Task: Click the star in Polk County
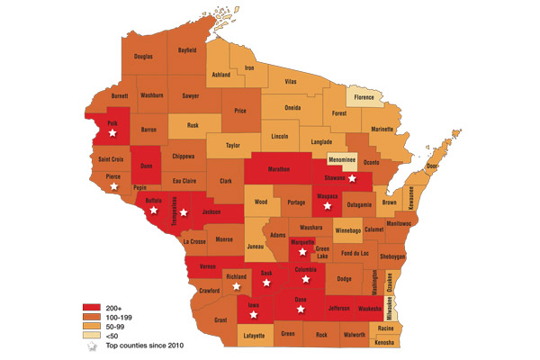click(112, 132)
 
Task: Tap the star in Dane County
click(302, 310)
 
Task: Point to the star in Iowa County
click(252, 315)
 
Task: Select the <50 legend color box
click(81, 335)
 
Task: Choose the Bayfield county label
click(187, 50)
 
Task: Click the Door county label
click(431, 166)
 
